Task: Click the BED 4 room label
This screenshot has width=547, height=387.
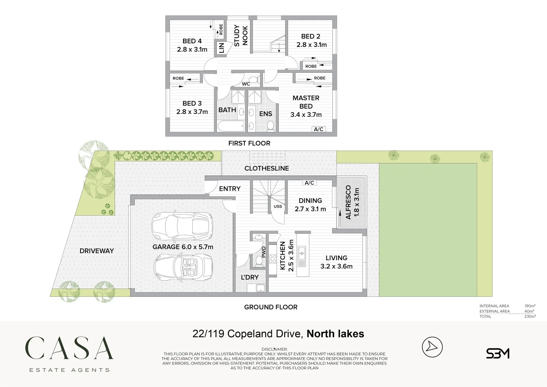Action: pyautogui.click(x=192, y=41)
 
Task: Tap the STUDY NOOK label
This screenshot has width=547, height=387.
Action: pyautogui.click(x=241, y=35)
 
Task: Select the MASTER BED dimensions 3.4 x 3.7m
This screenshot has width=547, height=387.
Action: pyautogui.click(x=306, y=115)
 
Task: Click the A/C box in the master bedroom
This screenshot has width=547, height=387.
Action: pyautogui.click(x=318, y=129)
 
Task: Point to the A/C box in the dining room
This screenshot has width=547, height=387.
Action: pyautogui.click(x=310, y=183)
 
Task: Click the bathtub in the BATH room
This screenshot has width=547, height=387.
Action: pyautogui.click(x=231, y=126)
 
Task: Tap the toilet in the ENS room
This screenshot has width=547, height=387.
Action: pyautogui.click(x=270, y=125)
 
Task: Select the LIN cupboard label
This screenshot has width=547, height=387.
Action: pyautogui.click(x=221, y=48)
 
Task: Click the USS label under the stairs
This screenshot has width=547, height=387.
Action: pyautogui.click(x=278, y=206)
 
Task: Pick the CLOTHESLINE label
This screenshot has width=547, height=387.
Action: pyautogui.click(x=267, y=168)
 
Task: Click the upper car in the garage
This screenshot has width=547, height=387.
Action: pyautogui.click(x=182, y=226)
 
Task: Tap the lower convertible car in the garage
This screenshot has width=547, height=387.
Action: pyautogui.click(x=183, y=267)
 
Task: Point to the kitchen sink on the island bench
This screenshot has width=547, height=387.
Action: pyautogui.click(x=302, y=253)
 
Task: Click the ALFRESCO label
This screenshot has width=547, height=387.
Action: pyautogui.click(x=348, y=202)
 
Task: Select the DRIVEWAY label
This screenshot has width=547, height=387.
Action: pyautogui.click(x=97, y=251)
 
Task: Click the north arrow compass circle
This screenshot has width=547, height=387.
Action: pyautogui.click(x=432, y=347)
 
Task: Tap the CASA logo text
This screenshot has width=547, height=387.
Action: pyautogui.click(x=69, y=348)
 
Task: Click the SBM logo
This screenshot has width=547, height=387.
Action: pyautogui.click(x=498, y=353)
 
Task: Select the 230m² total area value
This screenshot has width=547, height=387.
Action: pyautogui.click(x=530, y=316)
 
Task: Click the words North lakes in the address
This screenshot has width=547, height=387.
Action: pyautogui.click(x=335, y=334)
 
